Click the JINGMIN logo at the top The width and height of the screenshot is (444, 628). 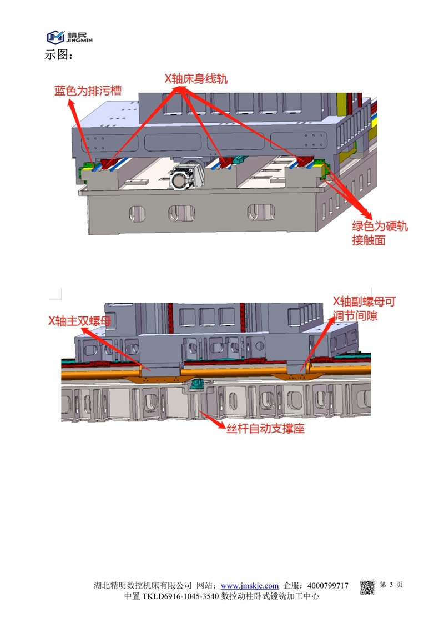pyautogui.click(x=69, y=37)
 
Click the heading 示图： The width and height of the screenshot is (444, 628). pyautogui.click(x=58, y=55)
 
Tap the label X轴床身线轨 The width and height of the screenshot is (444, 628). pyautogui.click(x=196, y=78)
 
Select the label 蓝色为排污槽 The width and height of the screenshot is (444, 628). pyautogui.click(x=88, y=91)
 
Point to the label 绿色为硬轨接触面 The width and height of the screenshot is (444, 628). pyautogui.click(x=380, y=233)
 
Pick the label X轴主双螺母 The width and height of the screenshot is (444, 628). pyautogui.click(x=79, y=321)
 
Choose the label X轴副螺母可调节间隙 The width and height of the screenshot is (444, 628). pyautogui.click(x=364, y=308)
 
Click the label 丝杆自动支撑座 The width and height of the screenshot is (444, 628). pyautogui.click(x=265, y=429)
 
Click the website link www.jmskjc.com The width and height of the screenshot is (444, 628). pyautogui.click(x=249, y=586)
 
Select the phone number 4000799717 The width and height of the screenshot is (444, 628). pyautogui.click(x=328, y=586)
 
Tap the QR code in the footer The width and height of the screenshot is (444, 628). pyautogui.click(x=367, y=587)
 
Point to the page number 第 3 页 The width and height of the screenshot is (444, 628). pyautogui.click(x=391, y=585)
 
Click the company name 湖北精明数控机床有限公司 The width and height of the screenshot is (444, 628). pyautogui.click(x=143, y=586)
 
